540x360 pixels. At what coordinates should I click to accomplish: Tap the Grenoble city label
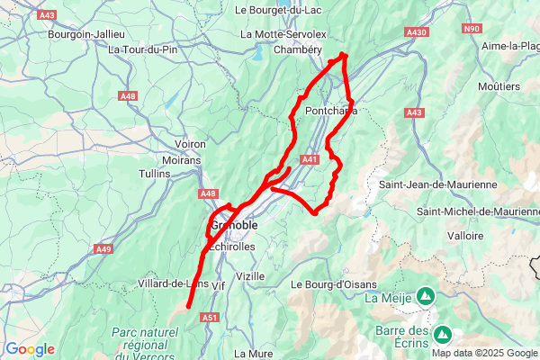[x=237, y=224]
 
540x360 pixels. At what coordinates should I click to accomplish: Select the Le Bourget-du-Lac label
[x=278, y=10]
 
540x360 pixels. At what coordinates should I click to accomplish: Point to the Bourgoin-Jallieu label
[x=85, y=34]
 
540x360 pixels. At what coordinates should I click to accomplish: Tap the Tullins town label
[x=155, y=173]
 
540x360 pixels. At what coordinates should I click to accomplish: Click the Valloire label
[x=465, y=235]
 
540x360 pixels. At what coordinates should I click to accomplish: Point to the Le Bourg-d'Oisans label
[x=334, y=284]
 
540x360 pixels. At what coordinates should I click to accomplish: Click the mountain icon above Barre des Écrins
[x=442, y=335]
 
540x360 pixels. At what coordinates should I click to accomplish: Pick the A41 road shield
[x=309, y=159]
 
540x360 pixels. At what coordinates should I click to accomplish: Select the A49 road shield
[x=104, y=249]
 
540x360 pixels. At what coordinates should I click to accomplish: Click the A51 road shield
[x=211, y=317]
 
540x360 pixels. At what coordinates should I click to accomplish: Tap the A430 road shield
[x=417, y=32]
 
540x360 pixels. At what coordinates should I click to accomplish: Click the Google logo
[x=30, y=349]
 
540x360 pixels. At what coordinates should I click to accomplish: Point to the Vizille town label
[x=250, y=275]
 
